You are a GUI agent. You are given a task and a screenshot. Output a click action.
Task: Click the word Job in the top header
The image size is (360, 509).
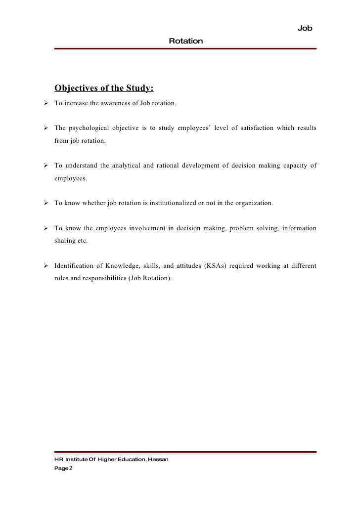click(305, 29)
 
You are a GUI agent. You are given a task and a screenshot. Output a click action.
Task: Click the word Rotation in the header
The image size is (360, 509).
click(185, 41)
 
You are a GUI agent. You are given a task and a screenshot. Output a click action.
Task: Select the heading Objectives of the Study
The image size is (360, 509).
click(104, 88)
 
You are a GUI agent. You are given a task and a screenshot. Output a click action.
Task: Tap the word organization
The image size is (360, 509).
click(255, 203)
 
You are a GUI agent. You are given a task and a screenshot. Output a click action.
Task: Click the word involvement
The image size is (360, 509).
click(145, 228)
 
